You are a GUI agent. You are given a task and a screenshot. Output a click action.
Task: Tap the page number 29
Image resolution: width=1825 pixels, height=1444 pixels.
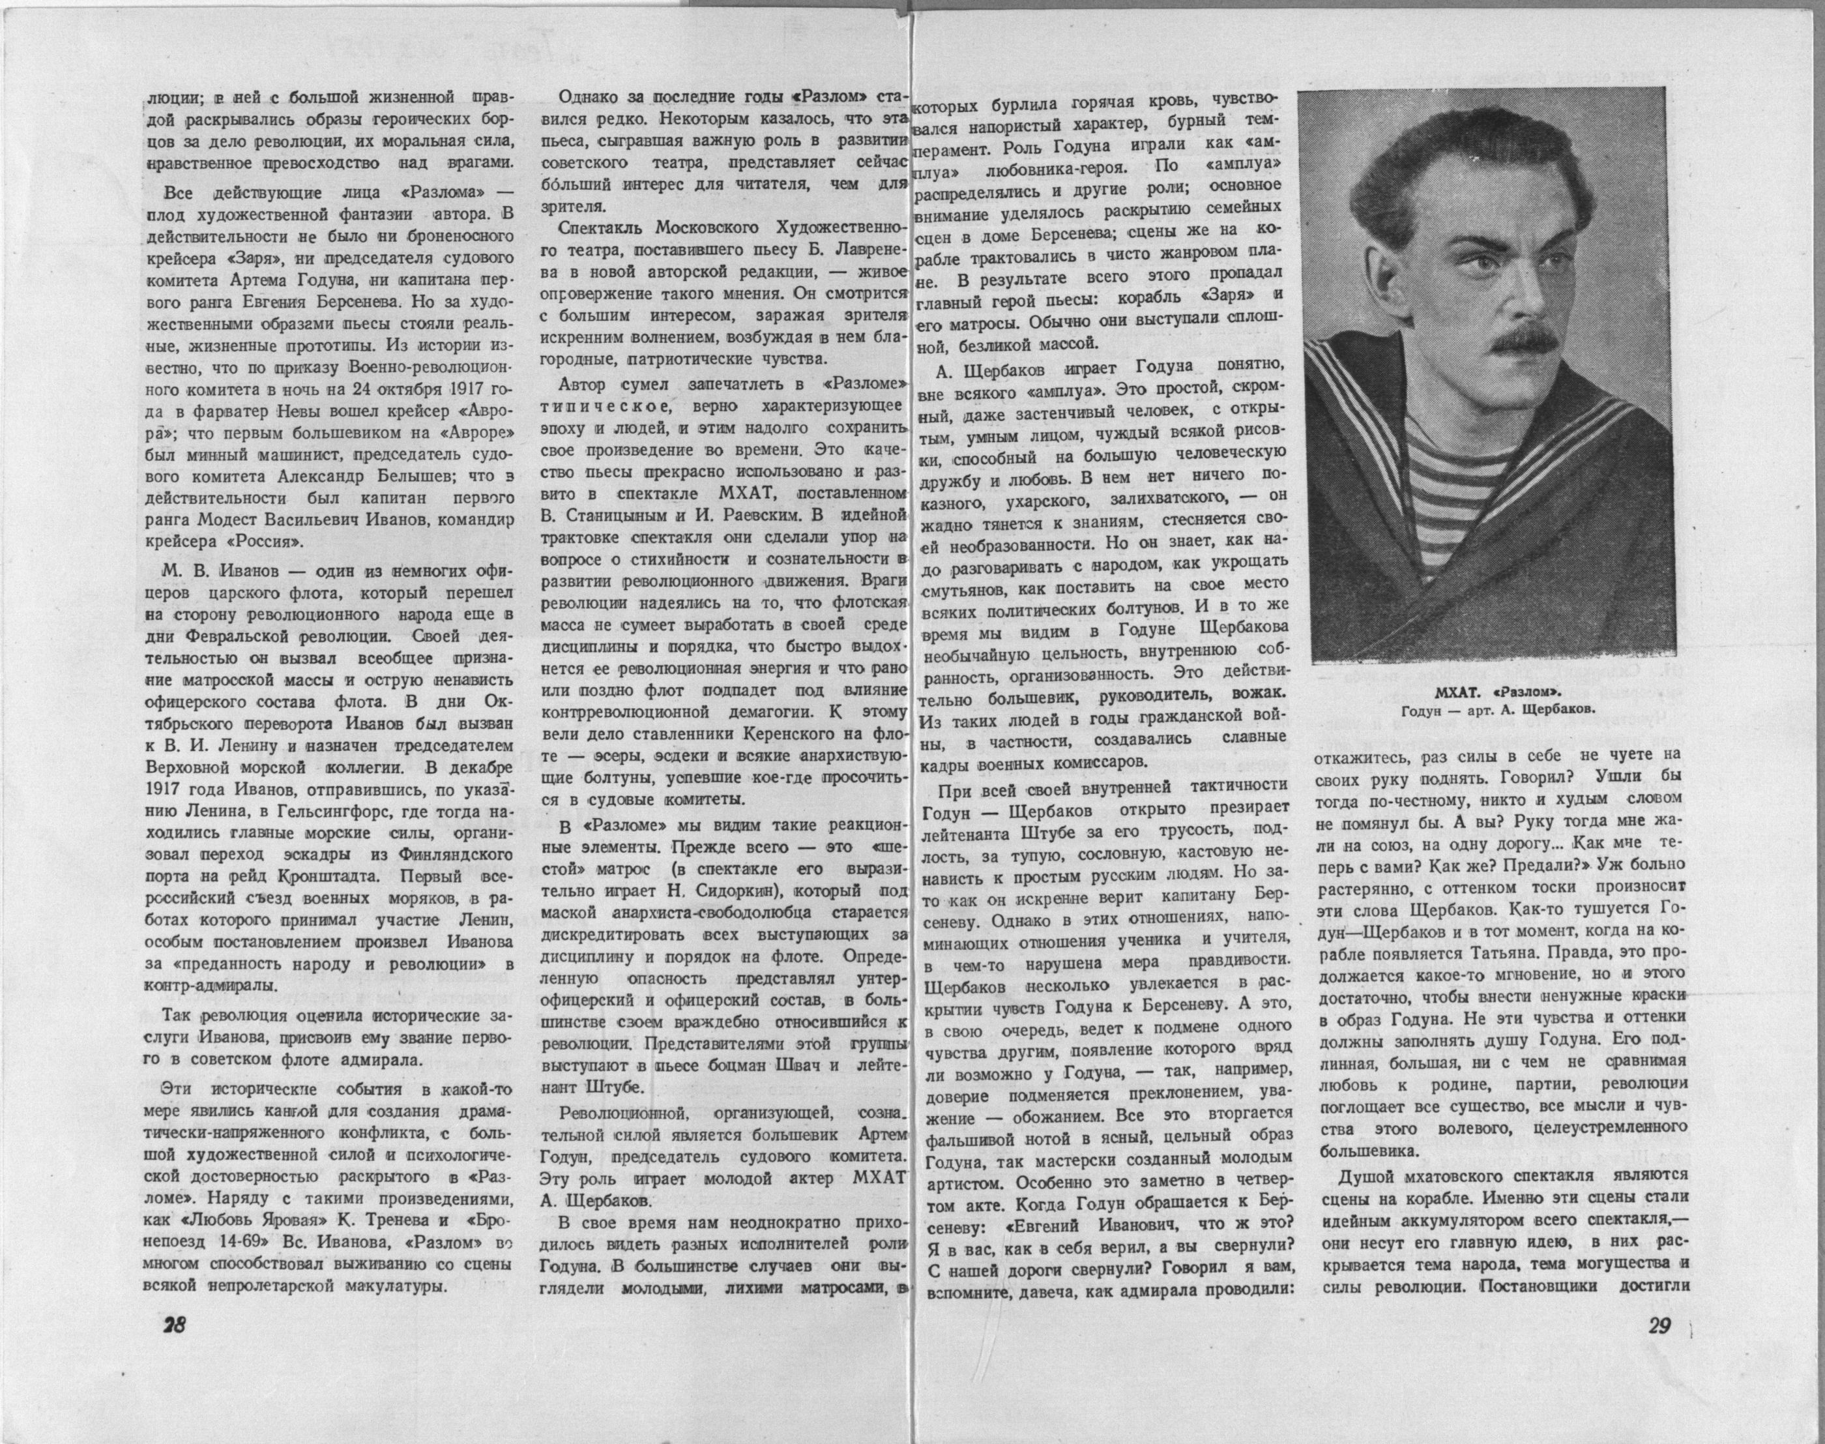[1661, 1325]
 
